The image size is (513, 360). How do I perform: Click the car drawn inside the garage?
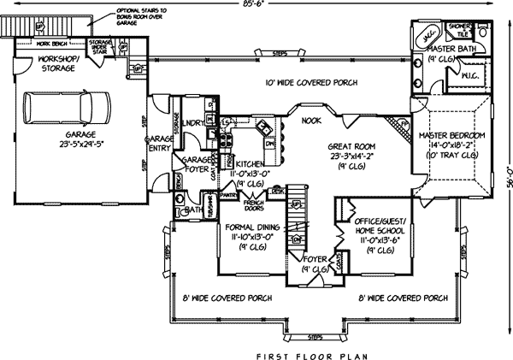68,109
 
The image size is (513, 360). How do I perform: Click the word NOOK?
311,121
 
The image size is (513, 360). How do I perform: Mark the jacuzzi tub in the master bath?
427,38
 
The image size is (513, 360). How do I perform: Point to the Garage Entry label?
158,143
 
